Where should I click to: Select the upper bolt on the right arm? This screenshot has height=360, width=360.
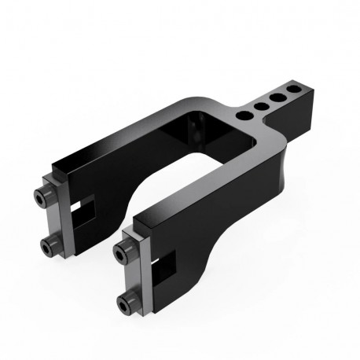(122, 250)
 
